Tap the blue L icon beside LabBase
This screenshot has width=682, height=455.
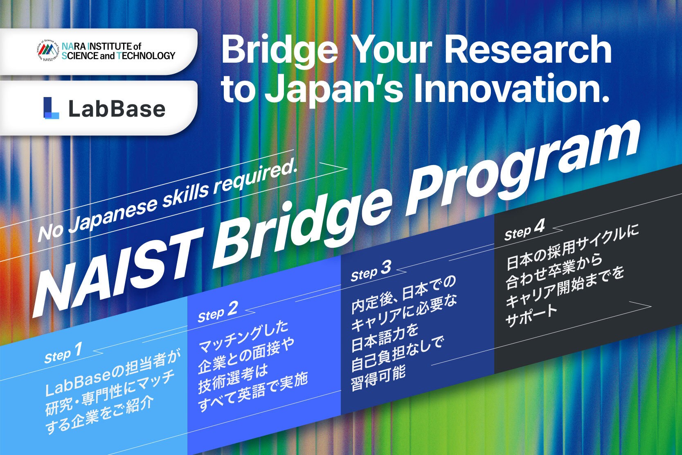(x=51, y=108)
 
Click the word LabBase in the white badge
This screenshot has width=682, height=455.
(x=117, y=109)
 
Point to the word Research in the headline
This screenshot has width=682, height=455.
(x=528, y=48)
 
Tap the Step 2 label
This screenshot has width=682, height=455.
(x=218, y=312)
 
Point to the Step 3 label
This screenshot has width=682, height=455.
(x=371, y=271)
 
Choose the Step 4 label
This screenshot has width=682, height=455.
(x=524, y=230)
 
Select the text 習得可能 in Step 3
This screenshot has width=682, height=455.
(x=378, y=378)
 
